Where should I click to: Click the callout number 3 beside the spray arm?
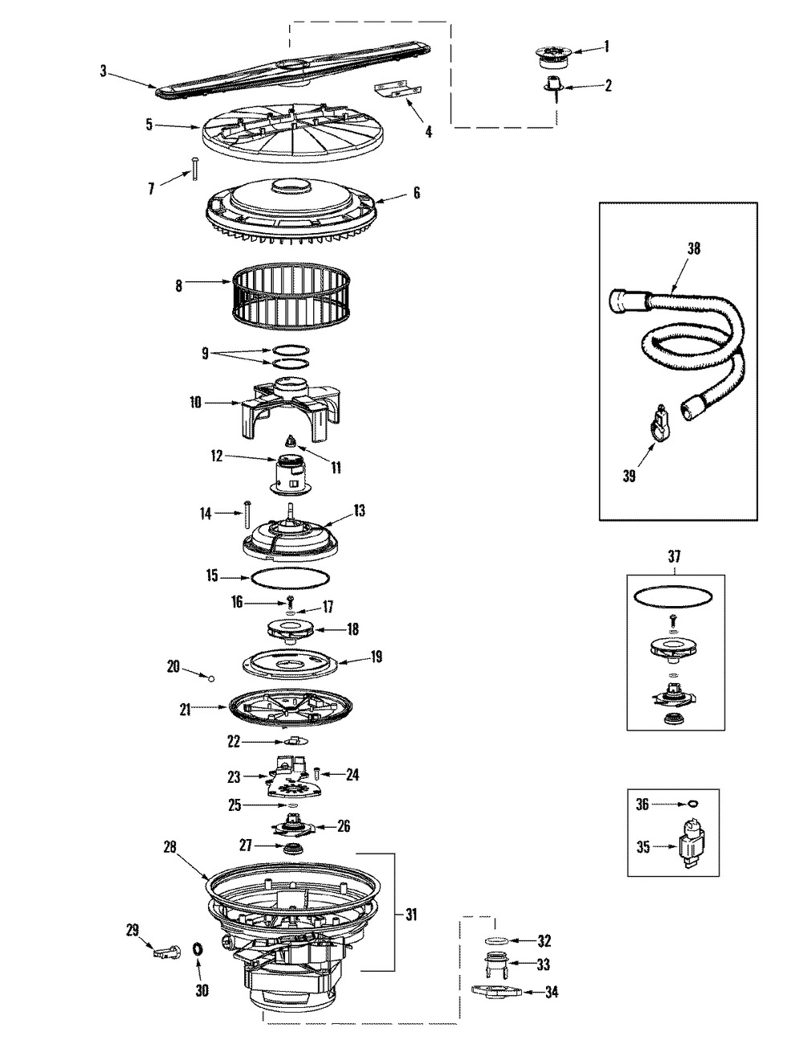pos(104,71)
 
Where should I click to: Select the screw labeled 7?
pos(195,169)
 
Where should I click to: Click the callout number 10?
pos(196,403)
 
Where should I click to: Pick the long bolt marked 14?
pos(247,514)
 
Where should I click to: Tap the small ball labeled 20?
pos(211,678)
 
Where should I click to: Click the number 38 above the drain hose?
pos(694,248)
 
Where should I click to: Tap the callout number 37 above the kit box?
pos(675,556)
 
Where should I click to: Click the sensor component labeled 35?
pos(691,845)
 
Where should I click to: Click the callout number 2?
pos(608,85)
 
